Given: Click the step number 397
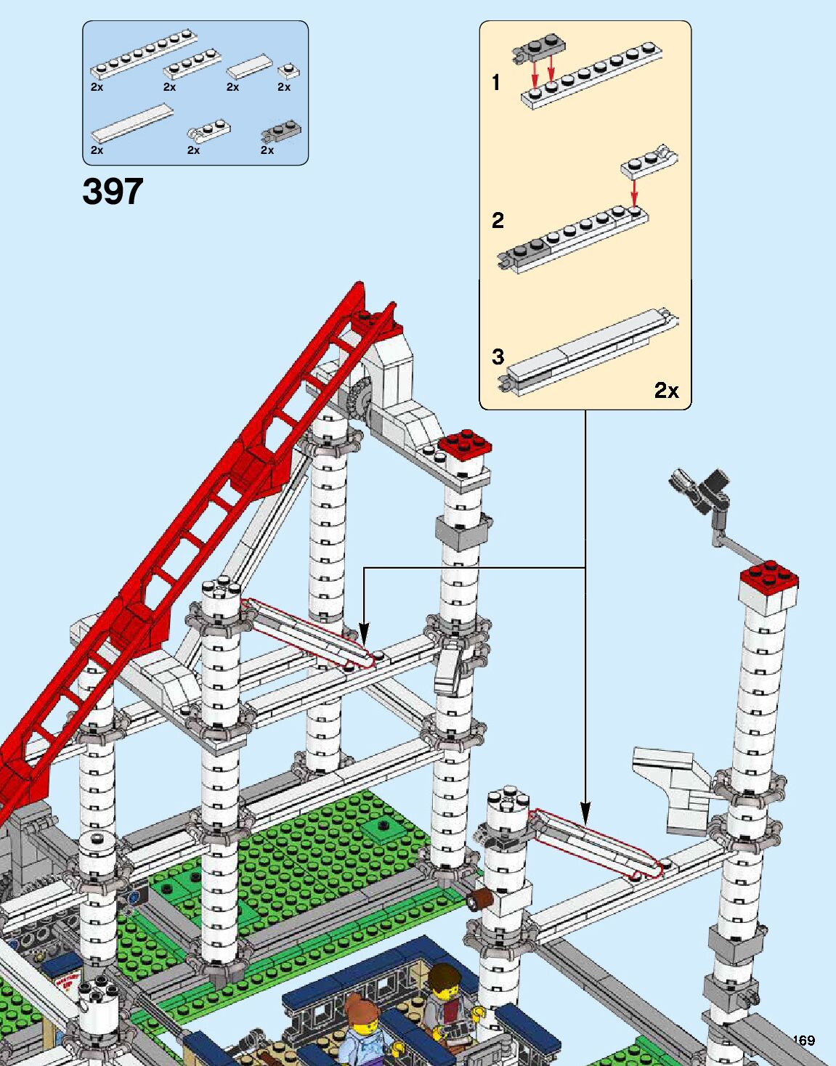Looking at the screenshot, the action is (x=113, y=192).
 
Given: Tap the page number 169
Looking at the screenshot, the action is (x=803, y=1040).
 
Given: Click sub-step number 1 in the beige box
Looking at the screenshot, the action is (x=496, y=83).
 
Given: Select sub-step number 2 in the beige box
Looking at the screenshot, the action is (x=498, y=220).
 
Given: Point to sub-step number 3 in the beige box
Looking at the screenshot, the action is (x=498, y=357).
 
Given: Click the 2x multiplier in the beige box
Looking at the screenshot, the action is (x=666, y=391).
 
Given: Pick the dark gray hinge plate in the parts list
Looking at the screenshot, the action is (x=282, y=132).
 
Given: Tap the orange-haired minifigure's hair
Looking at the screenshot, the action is (x=358, y=1009).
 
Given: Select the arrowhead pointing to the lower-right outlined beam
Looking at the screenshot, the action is (x=585, y=813).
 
